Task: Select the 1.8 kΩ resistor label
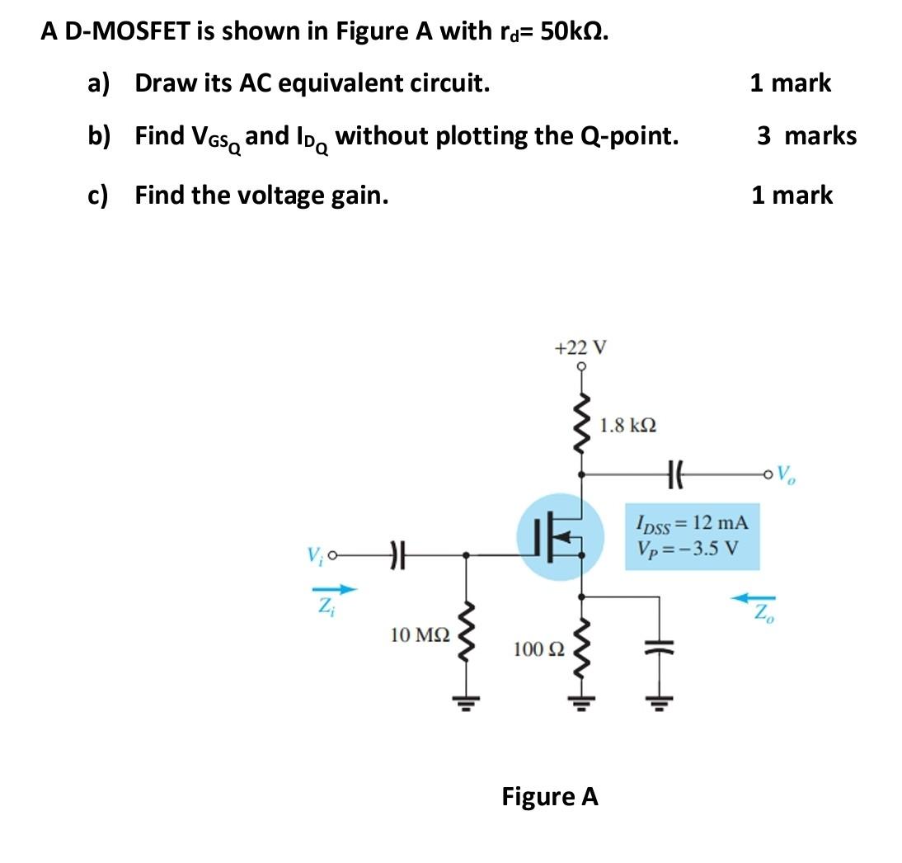628,426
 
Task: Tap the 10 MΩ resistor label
420,635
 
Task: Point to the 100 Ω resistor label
538,649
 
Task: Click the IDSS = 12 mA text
692,522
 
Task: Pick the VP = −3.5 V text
688,548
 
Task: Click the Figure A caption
550,797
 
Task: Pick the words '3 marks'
807,135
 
